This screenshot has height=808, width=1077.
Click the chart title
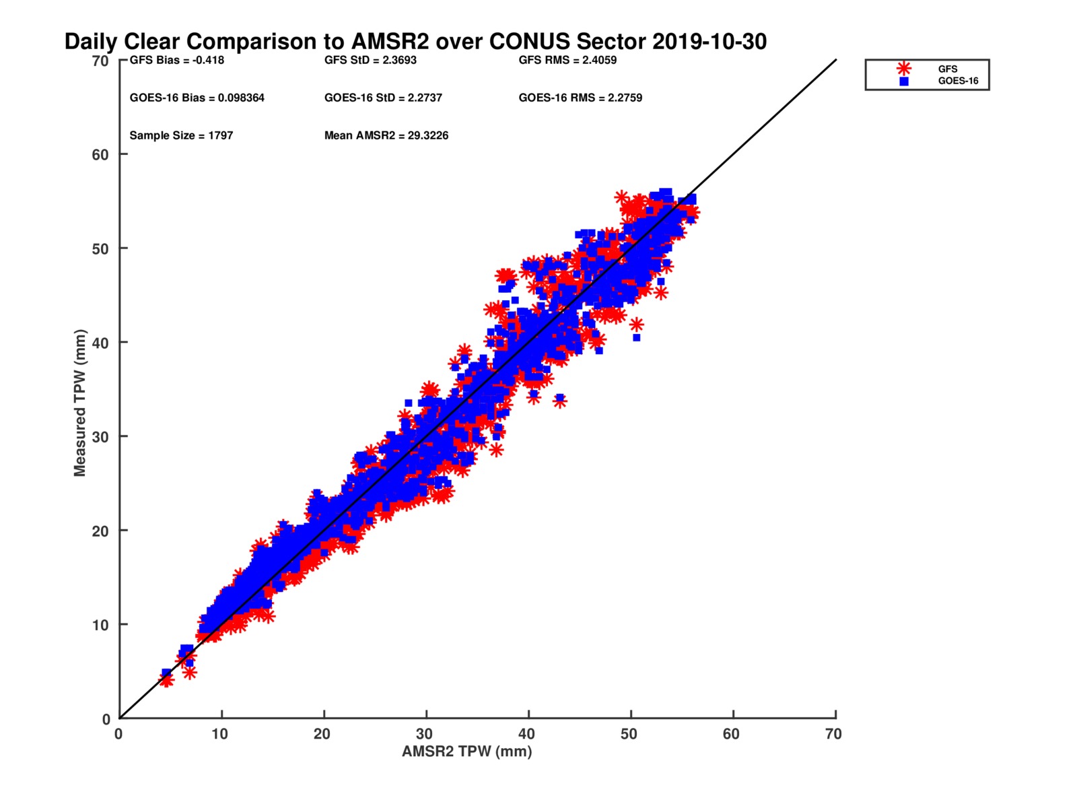pyautogui.click(x=415, y=42)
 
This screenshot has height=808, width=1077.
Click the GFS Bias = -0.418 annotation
pyautogui.click(x=177, y=60)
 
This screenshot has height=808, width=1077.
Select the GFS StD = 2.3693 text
pyautogui.click(x=370, y=60)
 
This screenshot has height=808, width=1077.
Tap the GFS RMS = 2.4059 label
pyautogui.click(x=567, y=60)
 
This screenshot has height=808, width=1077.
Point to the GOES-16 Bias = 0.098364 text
pyautogui.click(x=197, y=98)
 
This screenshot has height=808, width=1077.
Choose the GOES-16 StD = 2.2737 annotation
pyautogui.click(x=383, y=98)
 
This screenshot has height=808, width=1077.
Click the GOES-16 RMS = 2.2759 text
pyautogui.click(x=580, y=98)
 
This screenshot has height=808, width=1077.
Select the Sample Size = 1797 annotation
pyautogui.click(x=181, y=135)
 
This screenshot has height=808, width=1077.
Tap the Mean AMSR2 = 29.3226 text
pyautogui.click(x=386, y=135)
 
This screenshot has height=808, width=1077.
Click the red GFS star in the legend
pyautogui.click(x=904, y=69)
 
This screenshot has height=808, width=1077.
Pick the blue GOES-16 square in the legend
pyautogui.click(x=904, y=81)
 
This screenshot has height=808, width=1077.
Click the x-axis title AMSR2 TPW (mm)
pyautogui.click(x=466, y=751)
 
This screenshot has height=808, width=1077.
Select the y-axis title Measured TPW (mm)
pyautogui.click(x=80, y=403)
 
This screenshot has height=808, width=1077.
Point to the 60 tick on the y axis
pyautogui.click(x=100, y=154)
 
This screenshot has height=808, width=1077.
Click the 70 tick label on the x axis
pyautogui.click(x=833, y=734)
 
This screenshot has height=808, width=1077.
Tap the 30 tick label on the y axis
pyautogui.click(x=100, y=436)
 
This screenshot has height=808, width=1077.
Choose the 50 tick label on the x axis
pyautogui.click(x=629, y=734)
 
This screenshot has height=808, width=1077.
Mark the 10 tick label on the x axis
pyautogui.click(x=220, y=734)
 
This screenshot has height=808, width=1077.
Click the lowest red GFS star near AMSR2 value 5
pyautogui.click(x=166, y=681)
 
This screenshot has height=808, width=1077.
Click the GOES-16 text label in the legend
pyautogui.click(x=958, y=81)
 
